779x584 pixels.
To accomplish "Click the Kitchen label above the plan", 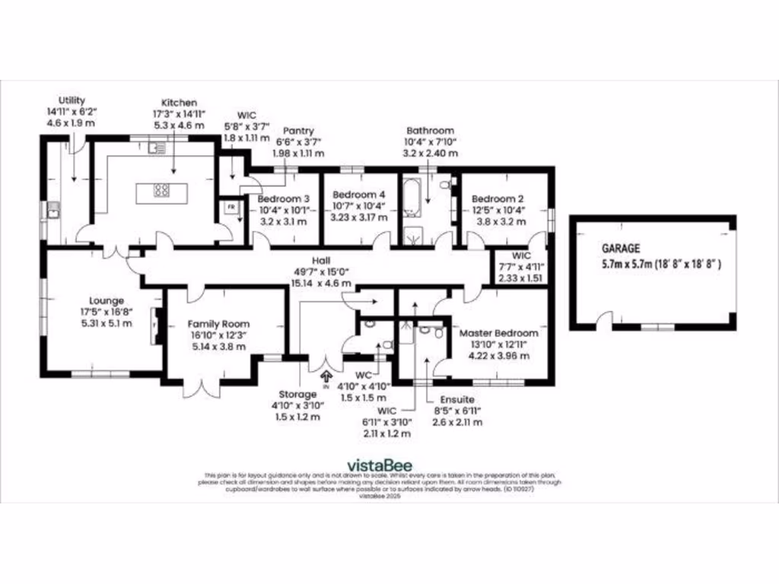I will (179, 103).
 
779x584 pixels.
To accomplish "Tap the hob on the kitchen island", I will (162, 191).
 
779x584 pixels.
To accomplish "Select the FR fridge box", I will (229, 207).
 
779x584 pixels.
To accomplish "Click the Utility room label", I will (72, 100).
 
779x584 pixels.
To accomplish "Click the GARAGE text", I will (622, 248).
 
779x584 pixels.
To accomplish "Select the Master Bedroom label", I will (498, 333).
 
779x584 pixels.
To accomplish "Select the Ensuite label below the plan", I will (457, 399).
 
